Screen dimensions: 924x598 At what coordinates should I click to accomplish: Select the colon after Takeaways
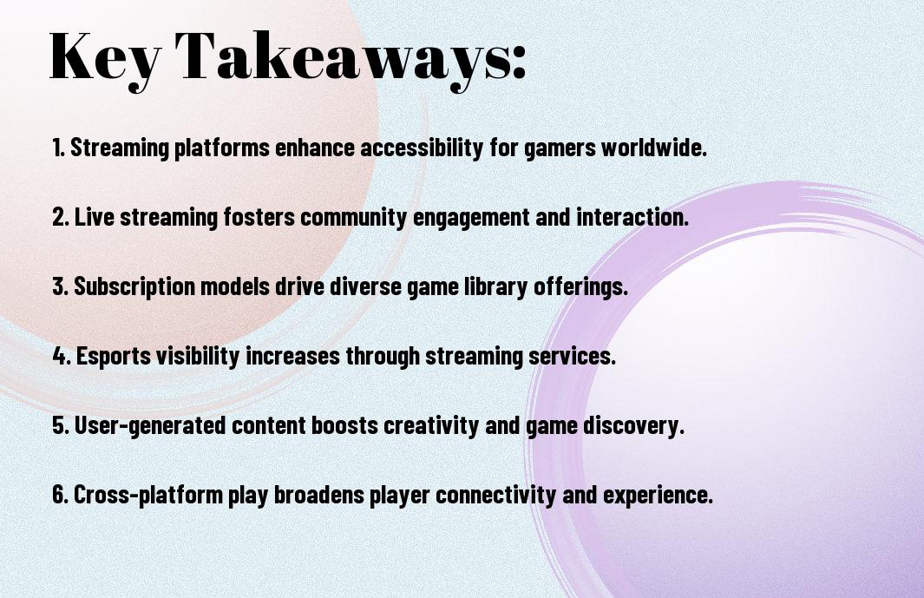click(x=518, y=62)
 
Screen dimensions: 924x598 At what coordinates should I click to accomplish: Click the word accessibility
click(x=422, y=147)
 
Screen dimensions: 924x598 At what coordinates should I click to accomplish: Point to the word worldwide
click(x=654, y=147)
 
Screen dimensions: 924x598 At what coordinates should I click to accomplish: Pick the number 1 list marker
click(x=58, y=148)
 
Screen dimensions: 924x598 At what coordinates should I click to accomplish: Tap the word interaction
click(x=632, y=216)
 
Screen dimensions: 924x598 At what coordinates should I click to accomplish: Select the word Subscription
click(x=134, y=286)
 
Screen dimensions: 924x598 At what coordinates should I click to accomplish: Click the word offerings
click(x=581, y=286)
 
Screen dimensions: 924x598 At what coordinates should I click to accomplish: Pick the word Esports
click(x=113, y=356)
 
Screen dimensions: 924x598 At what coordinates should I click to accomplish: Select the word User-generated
click(x=150, y=425)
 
